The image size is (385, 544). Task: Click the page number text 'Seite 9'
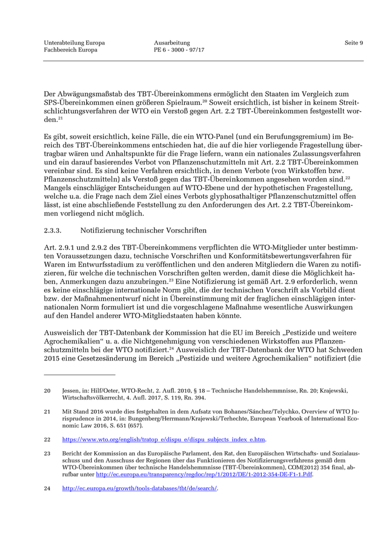tap(354, 43)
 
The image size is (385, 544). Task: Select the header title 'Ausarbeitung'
tap(172, 43)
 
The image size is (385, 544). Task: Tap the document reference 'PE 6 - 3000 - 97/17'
tap(179, 50)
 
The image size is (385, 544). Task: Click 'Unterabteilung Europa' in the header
tap(74, 43)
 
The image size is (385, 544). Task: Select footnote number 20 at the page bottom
tap(47, 391)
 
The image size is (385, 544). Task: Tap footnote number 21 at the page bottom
tap(47, 411)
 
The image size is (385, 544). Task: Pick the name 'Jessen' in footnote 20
tap(72, 391)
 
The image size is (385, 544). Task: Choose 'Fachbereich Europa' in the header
tap(70, 50)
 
